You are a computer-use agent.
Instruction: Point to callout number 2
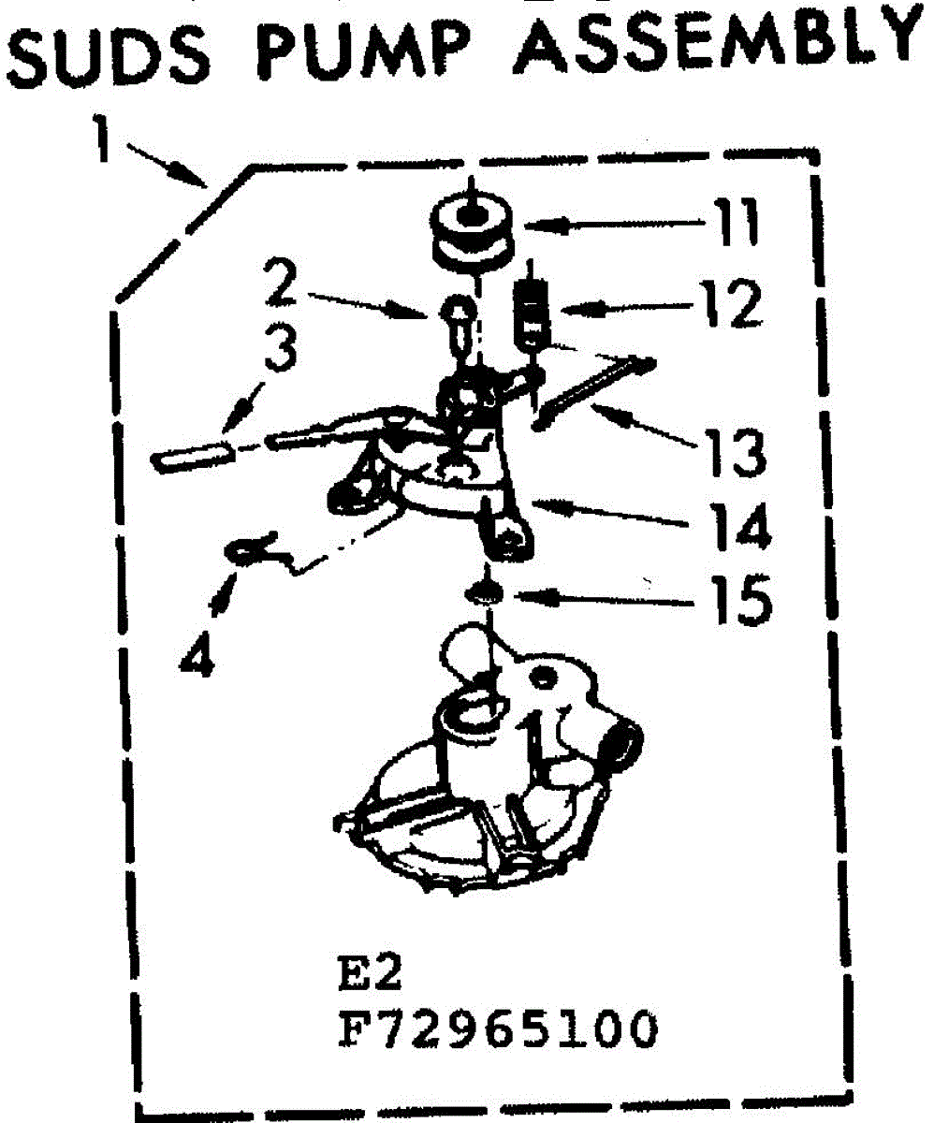[x=281, y=284]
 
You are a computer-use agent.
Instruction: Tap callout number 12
[x=735, y=304]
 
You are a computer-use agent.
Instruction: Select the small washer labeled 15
[x=484, y=595]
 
